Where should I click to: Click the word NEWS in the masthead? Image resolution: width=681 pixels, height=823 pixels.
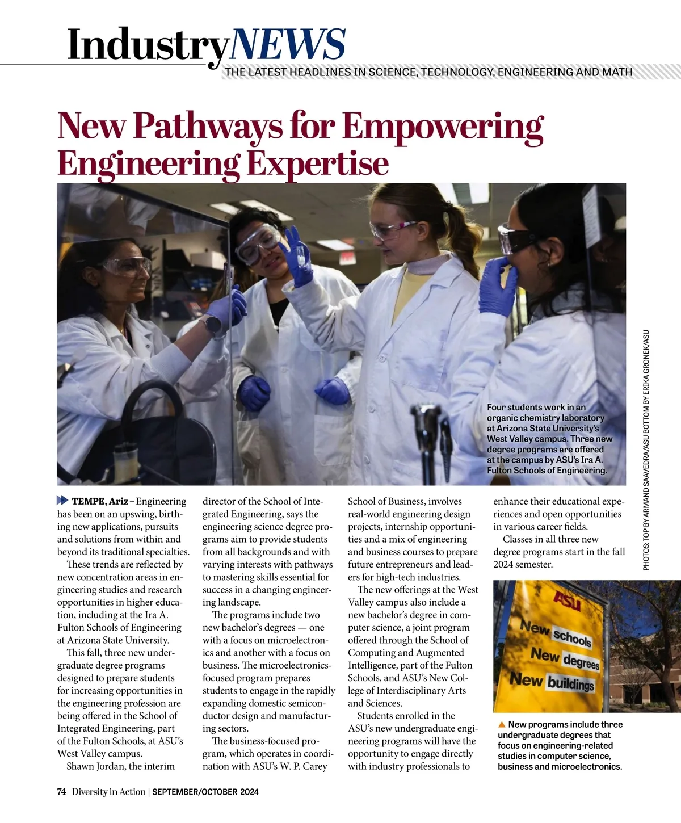(288, 44)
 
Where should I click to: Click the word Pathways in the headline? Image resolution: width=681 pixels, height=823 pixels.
(207, 125)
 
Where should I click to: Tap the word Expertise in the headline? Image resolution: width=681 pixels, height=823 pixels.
(317, 163)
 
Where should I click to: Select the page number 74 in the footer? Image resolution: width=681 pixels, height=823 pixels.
(62, 792)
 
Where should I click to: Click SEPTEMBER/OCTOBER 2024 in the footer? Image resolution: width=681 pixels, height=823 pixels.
(205, 792)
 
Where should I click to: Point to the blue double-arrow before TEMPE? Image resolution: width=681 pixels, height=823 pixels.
(62, 501)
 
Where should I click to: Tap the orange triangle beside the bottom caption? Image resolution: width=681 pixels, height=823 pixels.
(502, 724)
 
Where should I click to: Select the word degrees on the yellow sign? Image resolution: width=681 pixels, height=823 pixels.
(581, 660)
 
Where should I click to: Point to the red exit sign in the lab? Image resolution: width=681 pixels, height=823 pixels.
(347, 257)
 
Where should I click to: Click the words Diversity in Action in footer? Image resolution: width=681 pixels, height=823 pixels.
(108, 792)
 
